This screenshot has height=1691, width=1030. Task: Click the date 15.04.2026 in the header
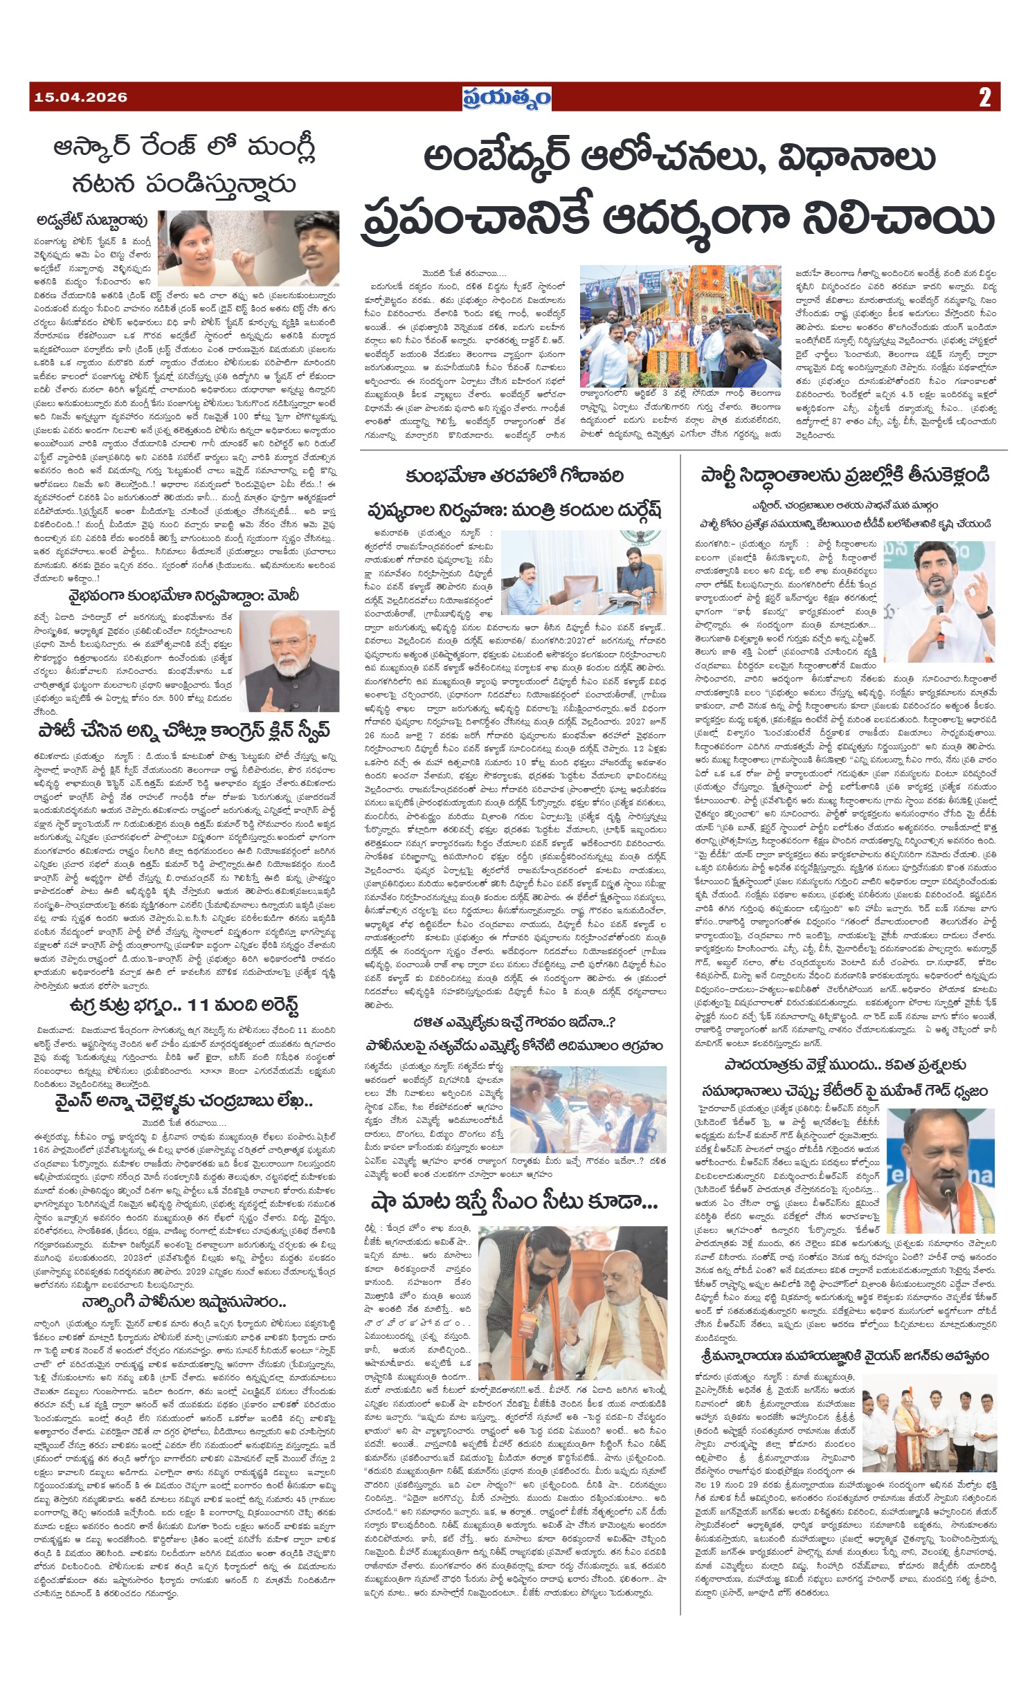[x=80, y=98]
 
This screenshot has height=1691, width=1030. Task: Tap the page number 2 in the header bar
[x=984, y=98]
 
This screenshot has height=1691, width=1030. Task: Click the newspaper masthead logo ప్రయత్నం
[x=507, y=98]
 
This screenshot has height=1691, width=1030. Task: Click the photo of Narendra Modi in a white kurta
[x=289, y=661]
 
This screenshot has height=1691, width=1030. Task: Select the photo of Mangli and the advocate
[x=249, y=248]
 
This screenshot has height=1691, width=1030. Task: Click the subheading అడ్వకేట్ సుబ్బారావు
[x=92, y=221]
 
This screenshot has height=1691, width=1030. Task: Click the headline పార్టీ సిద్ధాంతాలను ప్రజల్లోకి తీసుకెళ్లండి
[x=844, y=475]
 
